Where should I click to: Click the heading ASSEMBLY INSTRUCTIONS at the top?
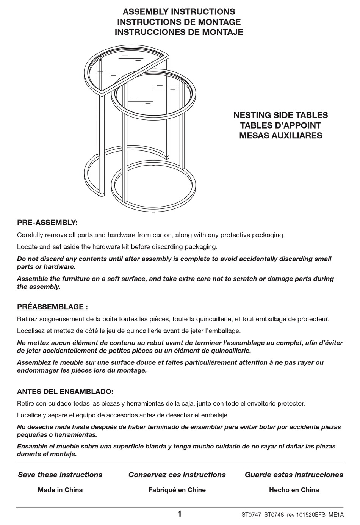tap(179, 12)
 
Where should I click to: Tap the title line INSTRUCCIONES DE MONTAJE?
tap(179, 32)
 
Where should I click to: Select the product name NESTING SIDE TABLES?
tap(280, 115)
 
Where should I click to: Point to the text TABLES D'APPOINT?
tap(280, 125)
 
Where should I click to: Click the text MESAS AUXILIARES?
tap(280, 136)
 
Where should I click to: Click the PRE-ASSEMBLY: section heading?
tap(47, 223)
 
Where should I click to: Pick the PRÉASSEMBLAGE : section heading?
tap(52, 307)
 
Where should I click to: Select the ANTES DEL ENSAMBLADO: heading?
tap(65, 391)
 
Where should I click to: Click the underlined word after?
tap(132, 259)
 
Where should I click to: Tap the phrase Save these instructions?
tap(60, 475)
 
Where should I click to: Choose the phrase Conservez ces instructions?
tap(177, 475)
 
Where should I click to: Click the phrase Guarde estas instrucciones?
tap(294, 475)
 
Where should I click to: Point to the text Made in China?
tap(60, 490)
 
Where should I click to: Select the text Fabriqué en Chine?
tap(177, 490)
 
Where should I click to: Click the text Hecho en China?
tap(294, 490)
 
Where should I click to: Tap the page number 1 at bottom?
tap(179, 514)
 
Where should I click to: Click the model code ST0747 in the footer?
tap(251, 515)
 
